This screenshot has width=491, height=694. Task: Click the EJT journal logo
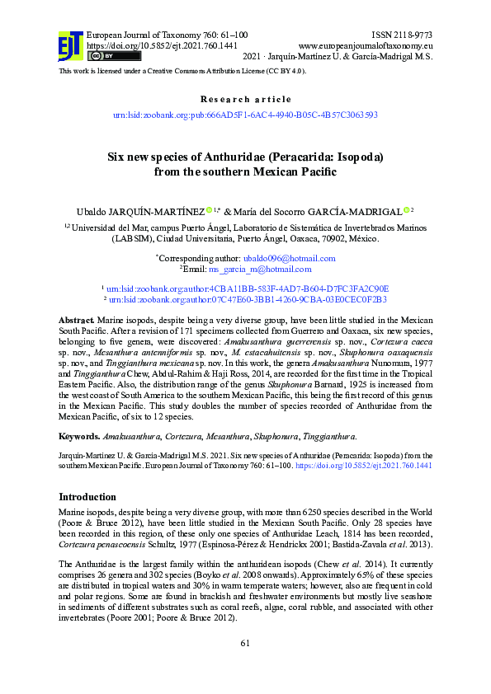tap(70, 45)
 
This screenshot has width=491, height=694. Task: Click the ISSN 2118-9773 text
tap(402, 35)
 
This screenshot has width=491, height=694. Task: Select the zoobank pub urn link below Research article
tap(245, 115)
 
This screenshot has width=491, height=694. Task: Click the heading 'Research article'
tap(245, 99)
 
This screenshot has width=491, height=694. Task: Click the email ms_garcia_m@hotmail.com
tap(259, 269)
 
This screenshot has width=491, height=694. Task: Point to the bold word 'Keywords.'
tap(79, 434)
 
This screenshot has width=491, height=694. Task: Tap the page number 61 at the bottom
tap(245, 666)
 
